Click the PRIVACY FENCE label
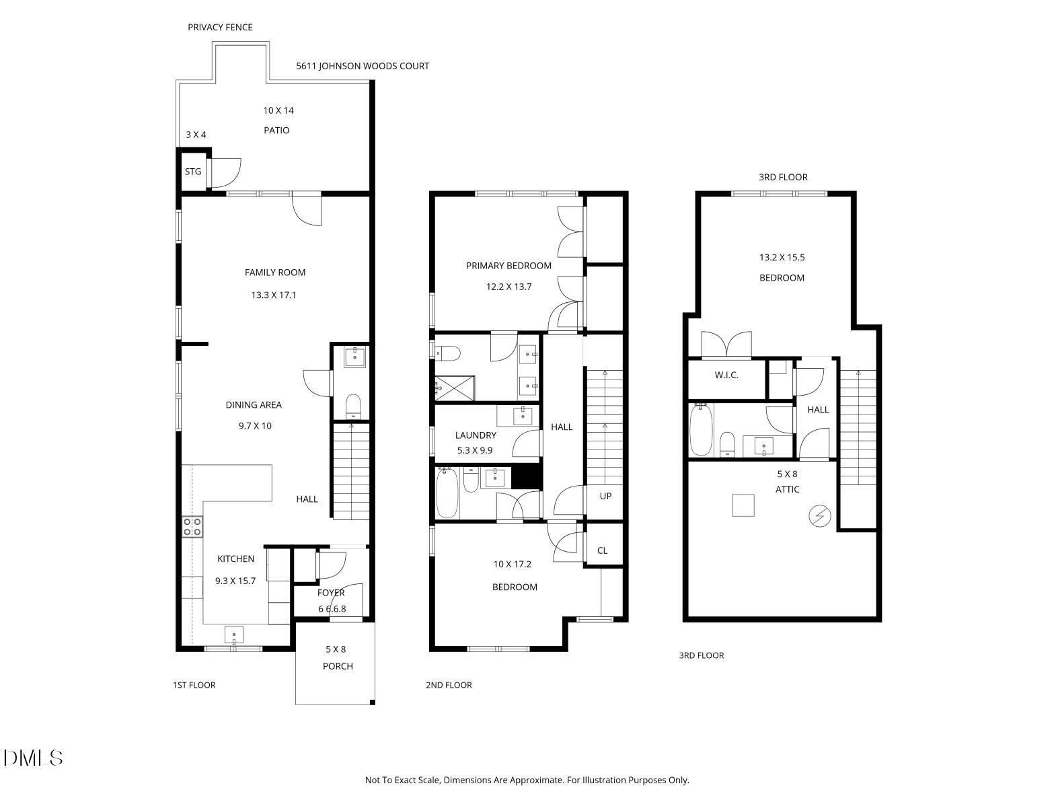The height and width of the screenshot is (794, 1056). click(220, 28)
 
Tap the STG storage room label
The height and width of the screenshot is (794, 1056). click(193, 172)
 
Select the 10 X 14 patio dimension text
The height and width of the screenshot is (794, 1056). click(278, 110)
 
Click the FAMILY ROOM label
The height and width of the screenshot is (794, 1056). click(274, 273)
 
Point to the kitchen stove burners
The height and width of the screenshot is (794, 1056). click(192, 527)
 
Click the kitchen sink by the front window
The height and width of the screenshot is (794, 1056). click(234, 635)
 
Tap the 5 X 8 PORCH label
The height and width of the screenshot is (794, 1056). click(336, 657)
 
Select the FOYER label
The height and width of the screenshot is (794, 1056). click(331, 593)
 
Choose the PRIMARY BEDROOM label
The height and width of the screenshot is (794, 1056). click(508, 266)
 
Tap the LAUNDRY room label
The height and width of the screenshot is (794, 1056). click(476, 435)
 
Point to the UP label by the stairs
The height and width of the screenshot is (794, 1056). click(605, 496)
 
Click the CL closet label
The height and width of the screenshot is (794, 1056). click(602, 550)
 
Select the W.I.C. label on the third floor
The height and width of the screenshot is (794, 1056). click(726, 375)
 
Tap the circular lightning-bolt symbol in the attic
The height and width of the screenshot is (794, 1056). click(819, 516)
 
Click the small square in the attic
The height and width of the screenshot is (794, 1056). click(743, 505)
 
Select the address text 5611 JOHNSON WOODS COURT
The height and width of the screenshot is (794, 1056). click(363, 66)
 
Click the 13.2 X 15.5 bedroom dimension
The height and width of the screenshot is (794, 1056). click(782, 257)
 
